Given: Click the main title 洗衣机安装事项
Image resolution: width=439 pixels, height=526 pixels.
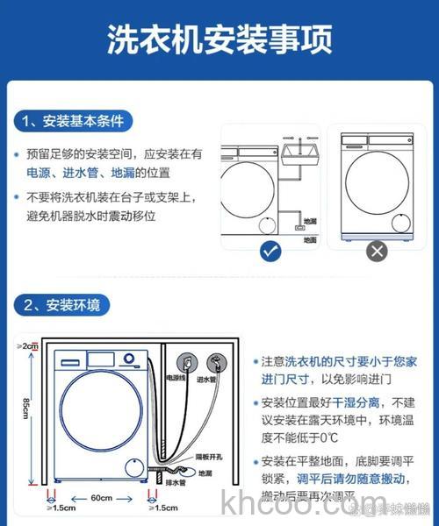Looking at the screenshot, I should [219, 39].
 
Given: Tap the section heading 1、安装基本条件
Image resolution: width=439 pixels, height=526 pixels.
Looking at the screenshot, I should [74, 121].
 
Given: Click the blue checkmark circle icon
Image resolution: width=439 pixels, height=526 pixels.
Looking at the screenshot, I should [270, 252].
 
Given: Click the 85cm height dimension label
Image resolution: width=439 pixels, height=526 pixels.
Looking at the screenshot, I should [26, 409].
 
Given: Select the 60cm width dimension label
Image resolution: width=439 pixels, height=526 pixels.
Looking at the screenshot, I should [99, 498].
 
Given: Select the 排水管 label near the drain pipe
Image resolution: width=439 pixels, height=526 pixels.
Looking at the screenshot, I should [176, 480].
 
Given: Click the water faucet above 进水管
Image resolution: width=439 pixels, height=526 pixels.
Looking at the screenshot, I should [215, 360].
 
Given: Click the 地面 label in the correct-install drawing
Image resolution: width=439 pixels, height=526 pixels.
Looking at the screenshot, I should [310, 238].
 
